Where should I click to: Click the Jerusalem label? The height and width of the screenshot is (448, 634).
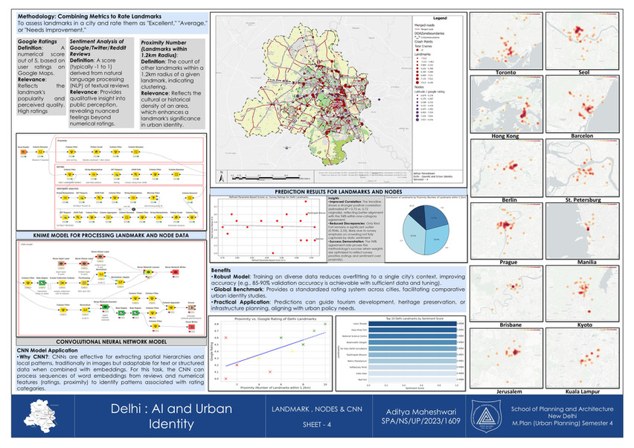506,391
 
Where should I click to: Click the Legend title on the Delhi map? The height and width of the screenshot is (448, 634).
438,17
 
